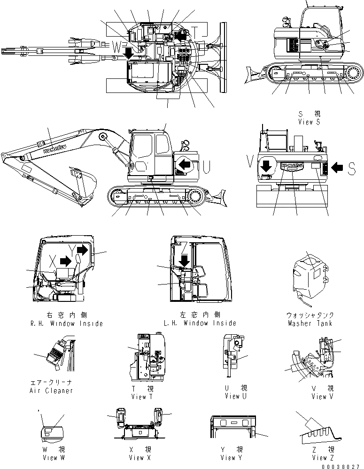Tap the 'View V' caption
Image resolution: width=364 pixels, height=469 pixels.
pos(323,396)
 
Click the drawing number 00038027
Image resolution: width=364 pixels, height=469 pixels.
pos(341,466)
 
